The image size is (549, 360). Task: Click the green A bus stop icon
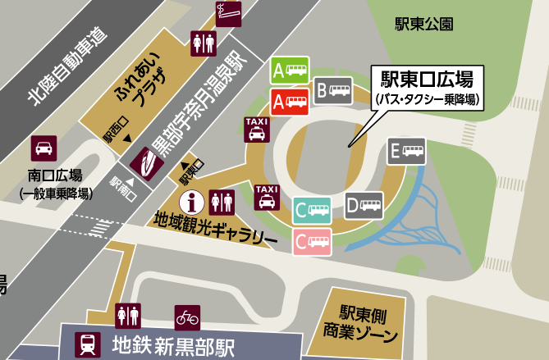291,70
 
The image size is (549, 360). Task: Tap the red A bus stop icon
291,102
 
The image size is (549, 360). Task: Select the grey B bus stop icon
335,89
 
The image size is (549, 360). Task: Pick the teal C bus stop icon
313,211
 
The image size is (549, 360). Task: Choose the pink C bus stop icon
313,240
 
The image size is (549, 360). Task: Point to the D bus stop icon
364,205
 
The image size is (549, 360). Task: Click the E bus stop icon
407,152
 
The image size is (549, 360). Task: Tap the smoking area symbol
225,12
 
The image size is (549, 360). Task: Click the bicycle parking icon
187,316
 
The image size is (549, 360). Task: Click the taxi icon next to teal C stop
267,197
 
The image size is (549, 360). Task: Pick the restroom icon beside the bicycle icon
129,316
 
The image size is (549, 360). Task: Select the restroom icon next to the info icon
222,201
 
